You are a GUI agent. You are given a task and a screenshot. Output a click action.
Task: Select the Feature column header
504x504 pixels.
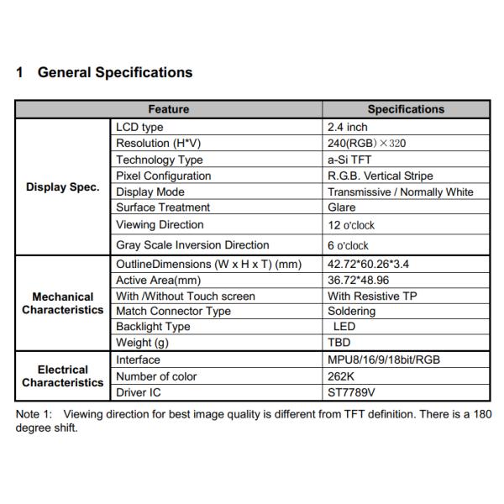[169, 109]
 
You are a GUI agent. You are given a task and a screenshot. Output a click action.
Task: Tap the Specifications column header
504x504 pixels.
[406, 109]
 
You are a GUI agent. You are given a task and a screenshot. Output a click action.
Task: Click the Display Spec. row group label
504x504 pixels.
[63, 186]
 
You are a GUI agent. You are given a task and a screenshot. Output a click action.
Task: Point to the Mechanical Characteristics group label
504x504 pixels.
[63, 303]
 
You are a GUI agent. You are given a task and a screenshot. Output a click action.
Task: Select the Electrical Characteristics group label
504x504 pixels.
[63, 376]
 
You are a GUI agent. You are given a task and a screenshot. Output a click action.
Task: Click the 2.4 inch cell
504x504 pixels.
[348, 127]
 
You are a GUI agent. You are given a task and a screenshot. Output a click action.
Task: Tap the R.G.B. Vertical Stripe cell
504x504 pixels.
[381, 176]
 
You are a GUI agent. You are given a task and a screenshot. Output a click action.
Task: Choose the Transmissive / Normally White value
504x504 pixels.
[401, 192]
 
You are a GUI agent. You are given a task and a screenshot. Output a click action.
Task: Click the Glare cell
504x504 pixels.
[342, 207]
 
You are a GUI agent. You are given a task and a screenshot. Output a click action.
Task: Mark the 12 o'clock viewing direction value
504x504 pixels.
[351, 225]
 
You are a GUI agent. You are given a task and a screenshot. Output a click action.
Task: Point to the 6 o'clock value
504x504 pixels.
[348, 245]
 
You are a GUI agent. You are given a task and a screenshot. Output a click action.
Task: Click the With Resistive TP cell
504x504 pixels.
[372, 296]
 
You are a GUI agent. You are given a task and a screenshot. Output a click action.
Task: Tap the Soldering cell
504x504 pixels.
[352, 311]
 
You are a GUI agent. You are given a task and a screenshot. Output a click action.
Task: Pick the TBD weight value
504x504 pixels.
[339, 343]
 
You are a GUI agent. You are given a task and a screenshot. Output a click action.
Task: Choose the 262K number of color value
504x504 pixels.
[341, 376]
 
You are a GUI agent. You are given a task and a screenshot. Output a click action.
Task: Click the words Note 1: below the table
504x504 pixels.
[34, 414]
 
